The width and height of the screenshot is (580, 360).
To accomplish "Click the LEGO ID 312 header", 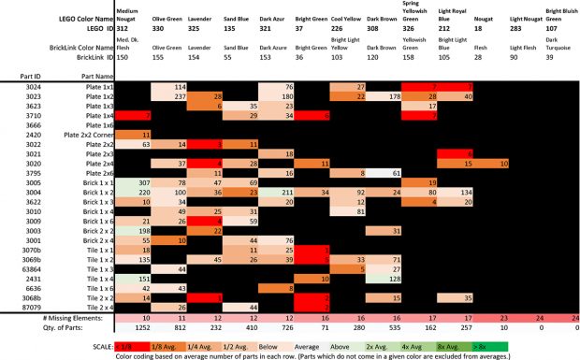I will click(123, 28).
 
